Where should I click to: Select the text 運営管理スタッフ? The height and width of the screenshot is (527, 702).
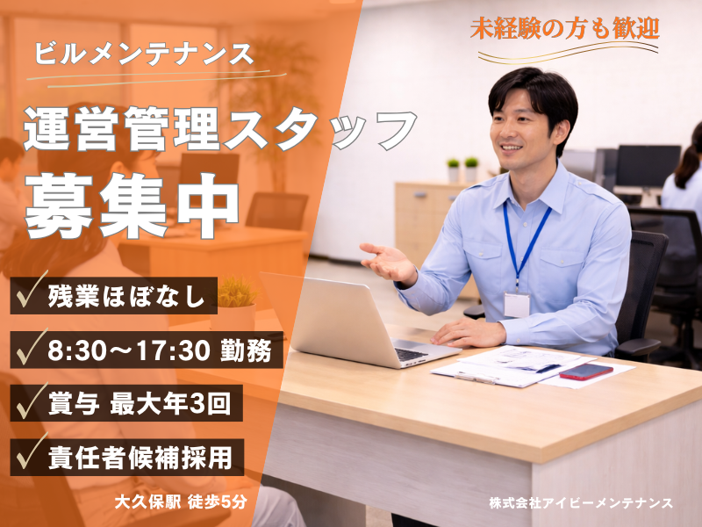point(219,132)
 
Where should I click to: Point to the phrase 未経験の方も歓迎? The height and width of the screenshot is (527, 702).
point(564,27)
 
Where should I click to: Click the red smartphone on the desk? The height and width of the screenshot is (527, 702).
point(585,371)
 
